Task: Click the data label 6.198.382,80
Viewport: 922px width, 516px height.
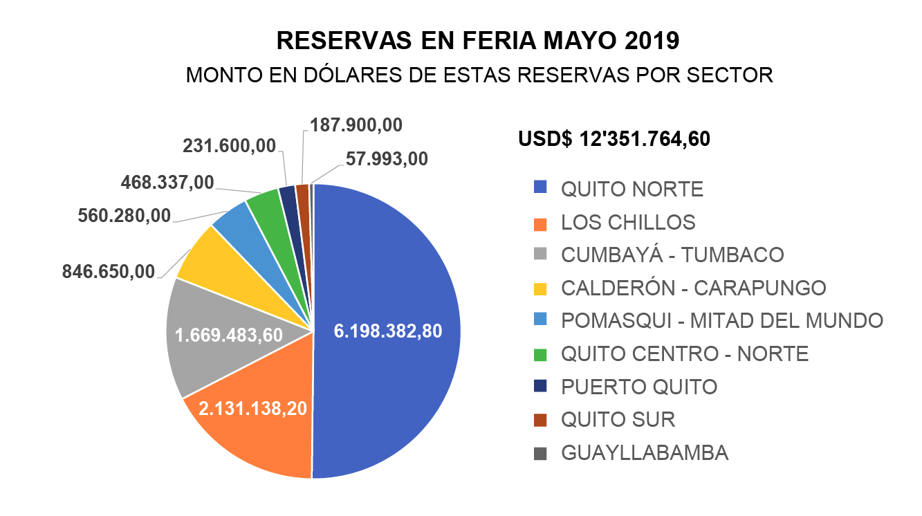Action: tap(387, 331)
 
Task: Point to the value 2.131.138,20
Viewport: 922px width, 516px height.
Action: tap(253, 408)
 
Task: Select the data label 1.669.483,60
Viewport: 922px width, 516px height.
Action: tap(229, 335)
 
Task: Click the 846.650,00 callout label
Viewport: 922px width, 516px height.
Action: tap(109, 271)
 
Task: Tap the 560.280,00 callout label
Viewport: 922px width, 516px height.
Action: tap(125, 216)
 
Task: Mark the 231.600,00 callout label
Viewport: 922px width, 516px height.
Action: tap(229, 145)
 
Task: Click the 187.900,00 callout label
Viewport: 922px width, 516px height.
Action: tap(356, 125)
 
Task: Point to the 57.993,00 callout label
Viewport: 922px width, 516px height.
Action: tap(387, 159)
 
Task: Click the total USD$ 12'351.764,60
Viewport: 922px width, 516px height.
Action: tap(614, 139)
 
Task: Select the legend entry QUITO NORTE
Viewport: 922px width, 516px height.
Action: tap(631, 189)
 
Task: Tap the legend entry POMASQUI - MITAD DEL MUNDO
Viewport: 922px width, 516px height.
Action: tap(721, 321)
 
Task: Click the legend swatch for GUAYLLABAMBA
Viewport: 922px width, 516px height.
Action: tap(540, 454)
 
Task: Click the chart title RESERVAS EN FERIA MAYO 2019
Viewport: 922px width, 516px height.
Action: tap(478, 41)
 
